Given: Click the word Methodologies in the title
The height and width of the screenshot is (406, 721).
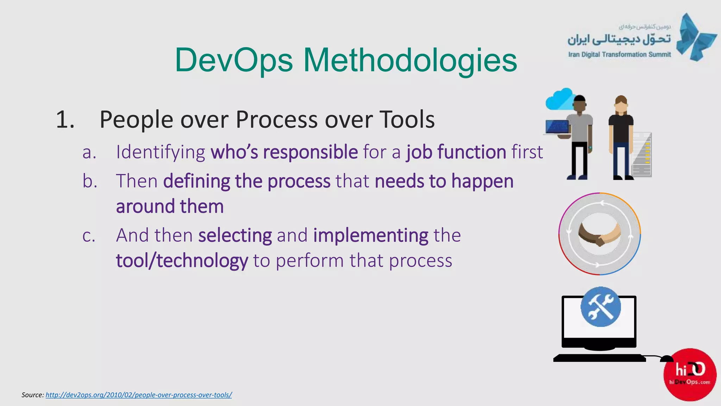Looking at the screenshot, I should tap(410, 60).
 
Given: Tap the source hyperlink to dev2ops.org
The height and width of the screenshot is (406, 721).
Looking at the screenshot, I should tap(138, 395).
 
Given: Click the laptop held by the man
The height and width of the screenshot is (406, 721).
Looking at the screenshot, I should tap(557, 128).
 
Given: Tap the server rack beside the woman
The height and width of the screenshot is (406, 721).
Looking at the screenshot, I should tap(642, 155).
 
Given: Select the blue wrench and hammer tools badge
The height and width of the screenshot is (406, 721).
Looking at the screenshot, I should tap(601, 307).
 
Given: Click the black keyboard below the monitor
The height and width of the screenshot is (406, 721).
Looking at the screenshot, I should tap(599, 358).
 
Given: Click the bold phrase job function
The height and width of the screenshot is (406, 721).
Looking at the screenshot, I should tap(456, 152).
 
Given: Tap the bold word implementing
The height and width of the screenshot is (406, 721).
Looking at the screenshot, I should tap(371, 235).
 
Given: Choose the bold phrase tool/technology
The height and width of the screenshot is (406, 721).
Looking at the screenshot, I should tap(182, 261).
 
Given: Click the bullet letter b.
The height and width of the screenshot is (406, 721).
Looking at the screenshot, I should tap(89, 181).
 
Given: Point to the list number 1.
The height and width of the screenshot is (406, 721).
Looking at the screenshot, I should tap(65, 119).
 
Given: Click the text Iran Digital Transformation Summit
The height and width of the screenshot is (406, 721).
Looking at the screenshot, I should tap(619, 55).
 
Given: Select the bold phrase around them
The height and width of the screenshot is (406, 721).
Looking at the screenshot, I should tap(170, 207).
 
